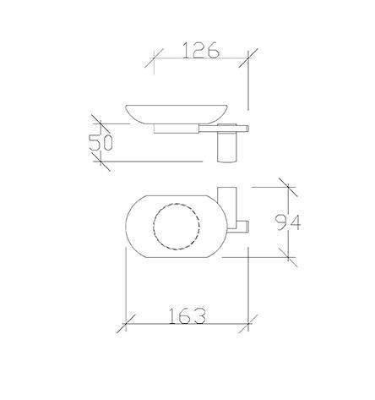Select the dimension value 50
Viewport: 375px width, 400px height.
click(102, 141)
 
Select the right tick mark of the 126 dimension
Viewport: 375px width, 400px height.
click(246, 59)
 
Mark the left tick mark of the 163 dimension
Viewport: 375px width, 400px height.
click(126, 324)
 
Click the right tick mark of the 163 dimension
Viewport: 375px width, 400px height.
click(246, 324)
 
